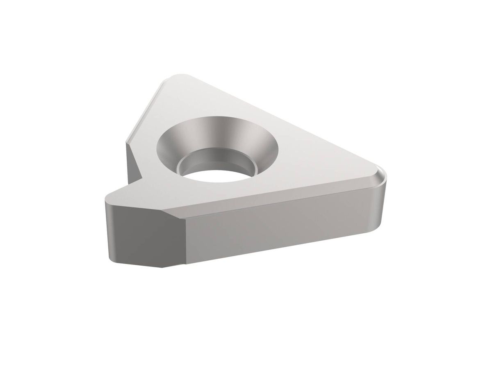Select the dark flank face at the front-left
pos(139,234)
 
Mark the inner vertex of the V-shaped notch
pos(142,177)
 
